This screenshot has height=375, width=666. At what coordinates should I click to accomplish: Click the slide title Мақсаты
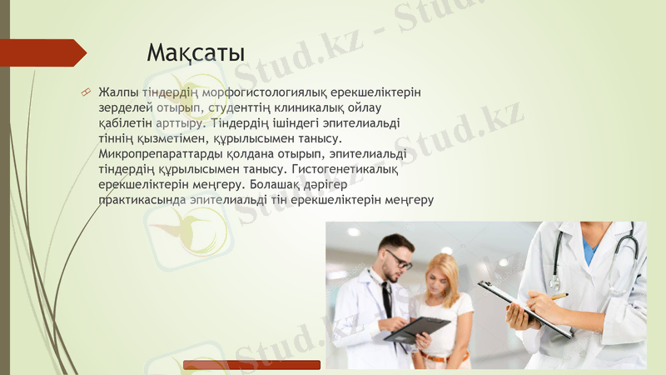coord(196,52)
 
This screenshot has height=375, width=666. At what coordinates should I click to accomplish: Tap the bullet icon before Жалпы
coord(85,91)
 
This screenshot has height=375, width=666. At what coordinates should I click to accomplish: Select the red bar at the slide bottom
coord(251,365)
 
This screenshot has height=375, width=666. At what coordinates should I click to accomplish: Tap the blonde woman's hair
coord(443,271)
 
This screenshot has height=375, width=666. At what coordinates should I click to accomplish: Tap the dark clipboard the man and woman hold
coord(416,327)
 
